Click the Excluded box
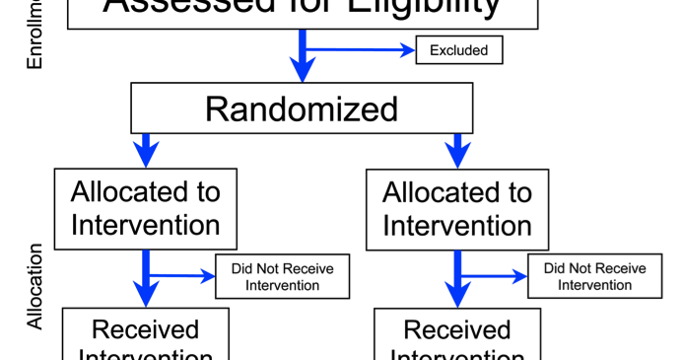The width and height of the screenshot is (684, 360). coord(459,49)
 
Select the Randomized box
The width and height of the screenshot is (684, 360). coord(302,108)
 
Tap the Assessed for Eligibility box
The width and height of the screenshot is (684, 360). coord(302,10)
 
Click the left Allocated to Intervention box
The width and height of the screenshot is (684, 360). coord(146,207)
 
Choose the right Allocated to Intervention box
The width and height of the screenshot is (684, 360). coord(456,207)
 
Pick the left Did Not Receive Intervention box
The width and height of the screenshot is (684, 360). coord(282,277)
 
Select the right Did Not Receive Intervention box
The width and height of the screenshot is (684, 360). coord(594,277)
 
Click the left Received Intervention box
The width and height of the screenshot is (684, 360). coord(146,335)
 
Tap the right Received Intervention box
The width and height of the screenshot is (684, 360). coord(456,335)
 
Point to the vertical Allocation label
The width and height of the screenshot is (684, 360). coord(35,286)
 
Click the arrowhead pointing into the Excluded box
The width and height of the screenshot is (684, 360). coord(407,49)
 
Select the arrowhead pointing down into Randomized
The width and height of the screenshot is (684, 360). coord(302,69)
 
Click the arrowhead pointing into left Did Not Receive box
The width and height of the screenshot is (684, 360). coord(207,275)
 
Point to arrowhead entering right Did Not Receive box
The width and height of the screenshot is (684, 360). coord(518,275)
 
